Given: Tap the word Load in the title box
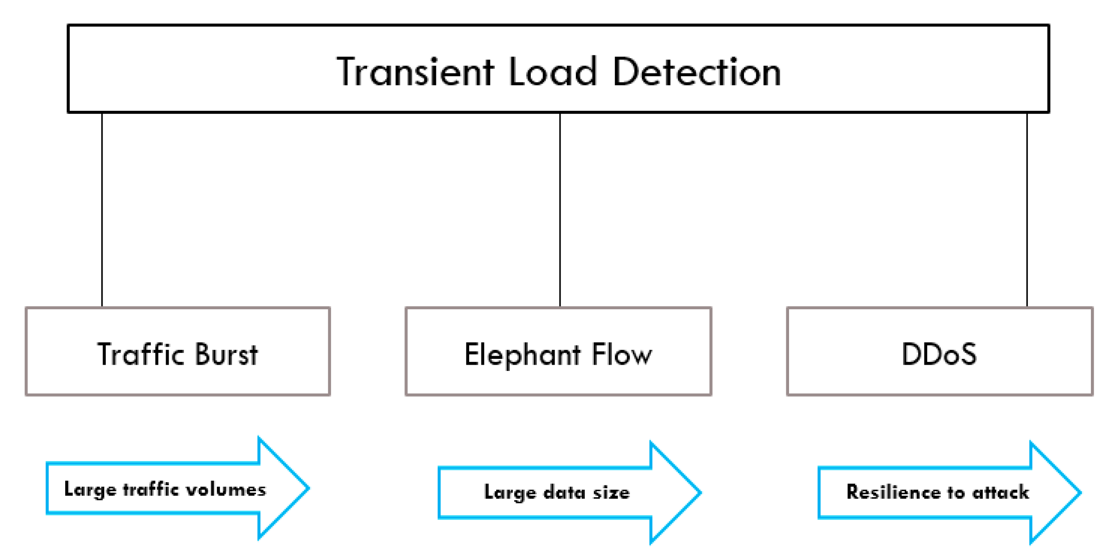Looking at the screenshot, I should click(x=552, y=72).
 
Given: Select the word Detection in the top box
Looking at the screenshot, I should click(x=696, y=72).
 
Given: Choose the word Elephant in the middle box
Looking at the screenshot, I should click(x=522, y=355).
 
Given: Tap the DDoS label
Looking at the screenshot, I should click(x=939, y=354).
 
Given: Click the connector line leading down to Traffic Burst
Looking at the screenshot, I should click(x=102, y=209).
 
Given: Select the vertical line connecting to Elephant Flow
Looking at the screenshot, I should click(x=560, y=209).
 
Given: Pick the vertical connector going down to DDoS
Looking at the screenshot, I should click(x=1027, y=209).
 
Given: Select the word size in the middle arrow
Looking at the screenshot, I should click(x=611, y=493).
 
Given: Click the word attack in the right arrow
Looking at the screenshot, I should click(x=1000, y=492).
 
